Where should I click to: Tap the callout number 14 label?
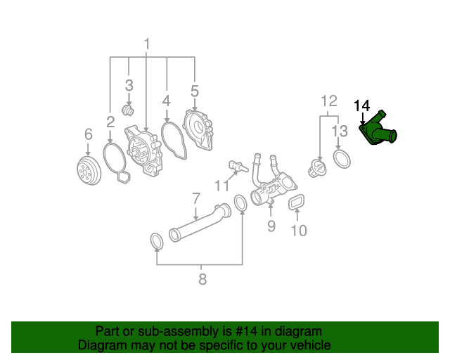coord(361,106)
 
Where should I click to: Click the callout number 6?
coord(88,134)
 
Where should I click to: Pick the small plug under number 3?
coord(129,111)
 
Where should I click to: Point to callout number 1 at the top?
coord(147,45)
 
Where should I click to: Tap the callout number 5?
coord(195,91)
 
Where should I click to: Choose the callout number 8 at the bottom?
coord(202,279)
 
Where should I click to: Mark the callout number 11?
coord(222,186)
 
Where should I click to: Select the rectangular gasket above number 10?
coord(297,203)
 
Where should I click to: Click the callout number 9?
coord(271,226)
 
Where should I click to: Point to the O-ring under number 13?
coord(340,158)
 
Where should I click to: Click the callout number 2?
coord(110,121)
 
